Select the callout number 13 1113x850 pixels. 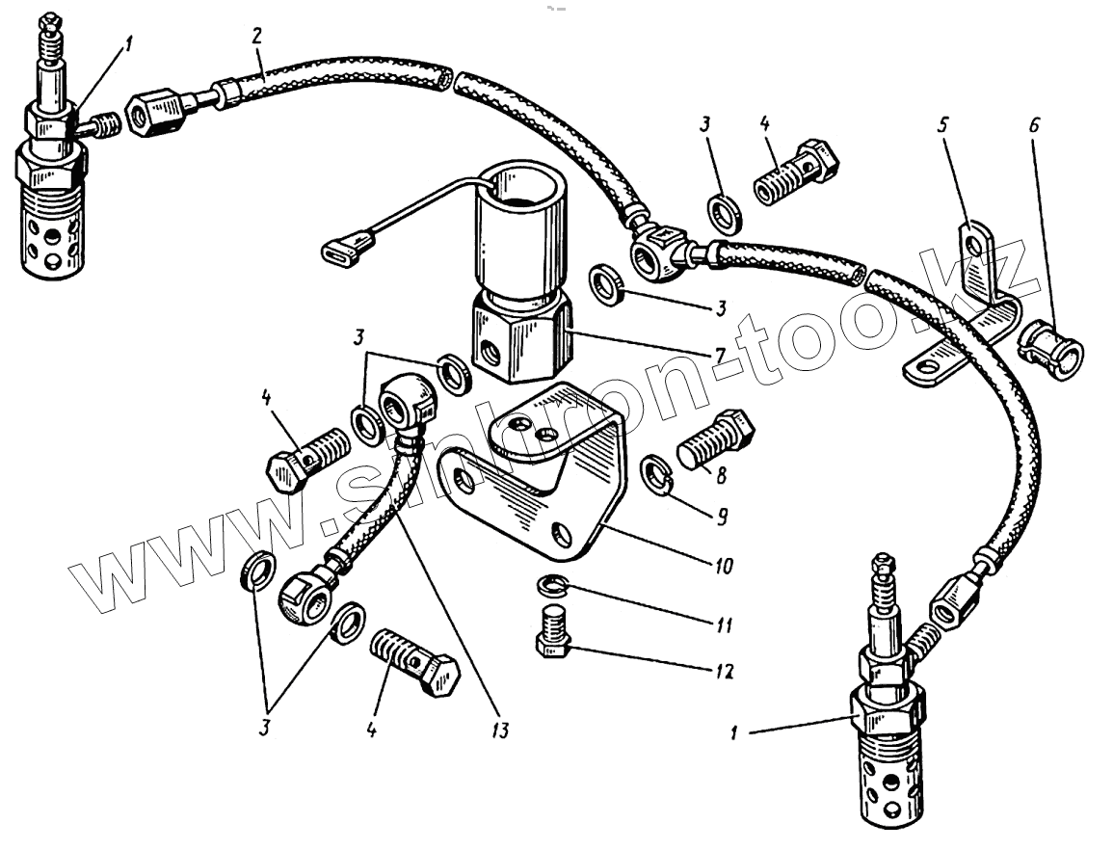[498, 730]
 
